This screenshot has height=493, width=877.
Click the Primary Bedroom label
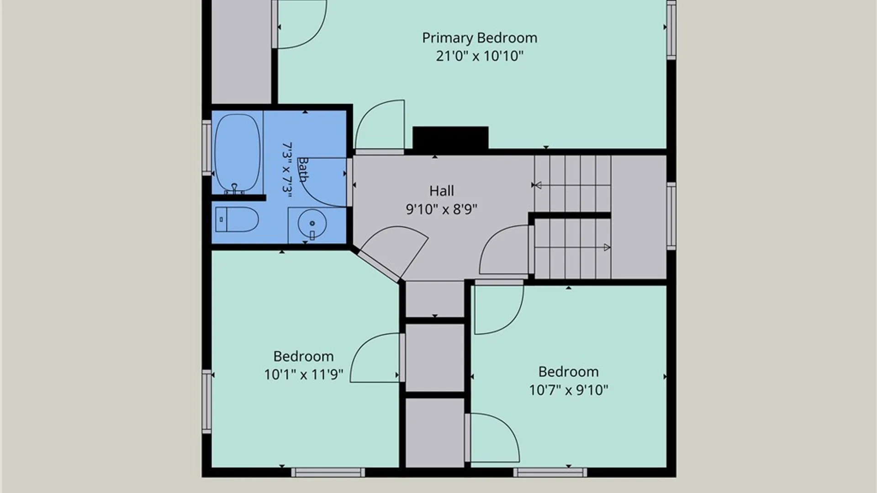point(479,38)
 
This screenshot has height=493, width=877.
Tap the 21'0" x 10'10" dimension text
point(479,56)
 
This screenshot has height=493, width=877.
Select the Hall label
point(442,191)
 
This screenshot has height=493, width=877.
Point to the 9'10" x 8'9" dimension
point(442,209)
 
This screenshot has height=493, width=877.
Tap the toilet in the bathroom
point(237,220)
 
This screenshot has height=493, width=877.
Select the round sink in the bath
point(312,224)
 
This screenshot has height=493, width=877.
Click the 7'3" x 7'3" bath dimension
point(287,169)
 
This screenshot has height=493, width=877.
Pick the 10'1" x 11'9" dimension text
point(304,375)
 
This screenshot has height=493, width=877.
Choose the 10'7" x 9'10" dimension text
point(569,390)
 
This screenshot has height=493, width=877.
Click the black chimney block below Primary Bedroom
point(450,138)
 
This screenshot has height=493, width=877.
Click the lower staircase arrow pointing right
point(607,247)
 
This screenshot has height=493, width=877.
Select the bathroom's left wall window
point(207,147)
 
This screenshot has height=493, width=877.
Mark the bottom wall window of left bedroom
point(328,472)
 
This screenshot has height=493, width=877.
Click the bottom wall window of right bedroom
point(550,472)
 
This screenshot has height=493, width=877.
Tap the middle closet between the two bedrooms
point(435,357)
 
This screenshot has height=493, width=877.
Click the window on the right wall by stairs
point(671,216)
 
